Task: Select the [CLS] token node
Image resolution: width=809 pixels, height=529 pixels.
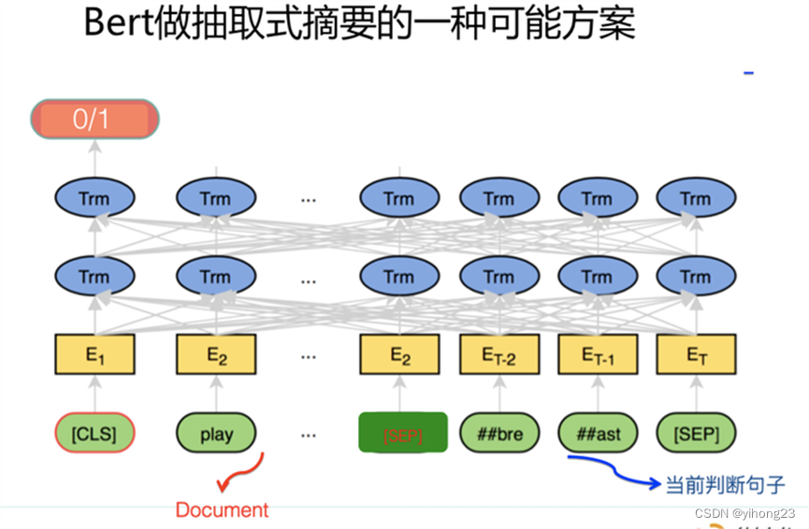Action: click(x=94, y=434)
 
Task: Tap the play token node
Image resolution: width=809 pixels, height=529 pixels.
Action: click(x=216, y=434)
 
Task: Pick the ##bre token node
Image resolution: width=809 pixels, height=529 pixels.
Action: click(x=499, y=434)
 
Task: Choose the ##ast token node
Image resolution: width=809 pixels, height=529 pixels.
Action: click(x=598, y=434)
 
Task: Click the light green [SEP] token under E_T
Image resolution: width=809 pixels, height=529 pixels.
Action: click(x=695, y=434)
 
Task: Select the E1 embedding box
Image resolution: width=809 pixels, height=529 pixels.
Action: click(x=94, y=355)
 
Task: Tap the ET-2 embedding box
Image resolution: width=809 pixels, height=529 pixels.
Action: click(x=499, y=355)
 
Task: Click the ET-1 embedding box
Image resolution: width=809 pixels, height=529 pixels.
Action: click(x=598, y=355)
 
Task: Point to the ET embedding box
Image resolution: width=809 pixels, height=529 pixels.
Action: click(x=695, y=355)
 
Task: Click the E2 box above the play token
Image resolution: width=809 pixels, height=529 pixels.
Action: click(x=216, y=355)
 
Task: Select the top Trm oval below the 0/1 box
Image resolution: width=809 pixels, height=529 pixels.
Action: click(x=94, y=198)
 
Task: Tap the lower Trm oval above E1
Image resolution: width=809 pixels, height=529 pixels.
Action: click(x=94, y=277)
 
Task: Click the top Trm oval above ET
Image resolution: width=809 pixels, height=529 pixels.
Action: click(x=695, y=198)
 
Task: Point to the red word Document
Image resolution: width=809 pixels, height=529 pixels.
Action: click(x=222, y=509)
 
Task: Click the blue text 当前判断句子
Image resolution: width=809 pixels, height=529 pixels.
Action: click(x=725, y=485)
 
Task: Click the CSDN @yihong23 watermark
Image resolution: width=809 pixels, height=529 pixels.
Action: click(x=744, y=513)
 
